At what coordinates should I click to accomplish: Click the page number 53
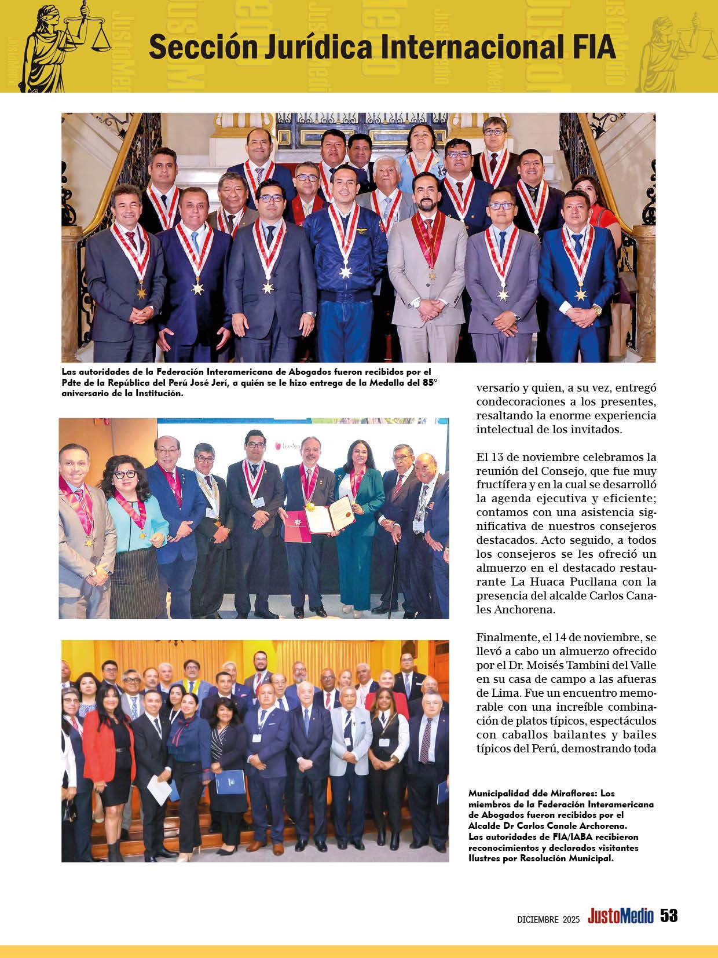pyautogui.click(x=669, y=916)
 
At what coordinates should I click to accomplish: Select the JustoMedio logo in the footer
pyautogui.click(x=620, y=916)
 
